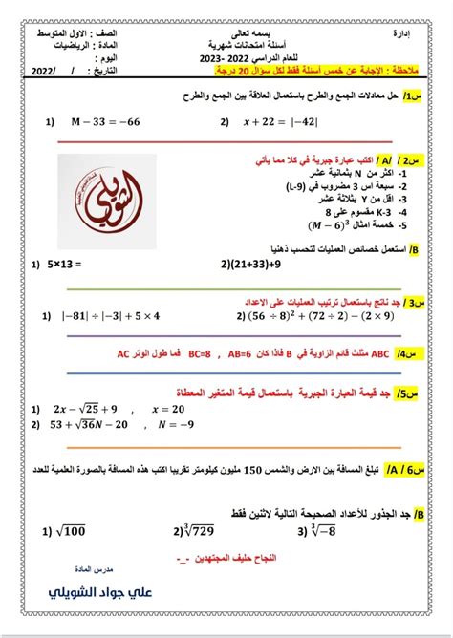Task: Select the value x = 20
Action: pyautogui.click(x=173, y=407)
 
